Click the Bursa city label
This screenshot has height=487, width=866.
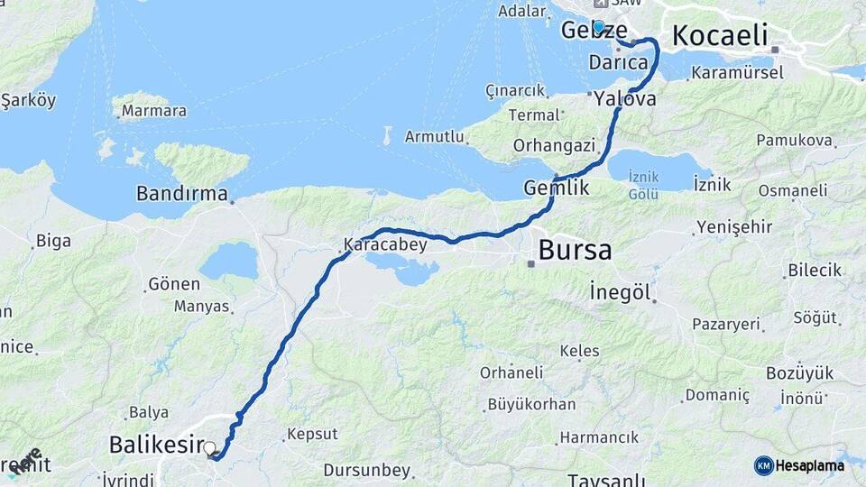point(575,250)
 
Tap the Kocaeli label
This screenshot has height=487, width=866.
point(720,36)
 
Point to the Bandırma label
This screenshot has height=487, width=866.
point(182,193)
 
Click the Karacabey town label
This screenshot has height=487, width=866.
point(385,244)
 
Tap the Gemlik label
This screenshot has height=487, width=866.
point(557,188)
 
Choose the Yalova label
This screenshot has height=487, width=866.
point(625,100)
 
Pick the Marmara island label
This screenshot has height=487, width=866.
point(153,111)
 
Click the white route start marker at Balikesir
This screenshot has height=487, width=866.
point(210,447)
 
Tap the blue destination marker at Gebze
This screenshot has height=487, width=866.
point(598,26)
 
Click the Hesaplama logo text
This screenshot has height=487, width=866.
point(809,465)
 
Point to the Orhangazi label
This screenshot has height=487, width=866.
point(554,145)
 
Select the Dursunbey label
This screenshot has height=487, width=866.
point(366,470)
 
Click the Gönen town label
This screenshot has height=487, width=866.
point(173,284)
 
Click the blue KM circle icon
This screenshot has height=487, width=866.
point(763,465)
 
